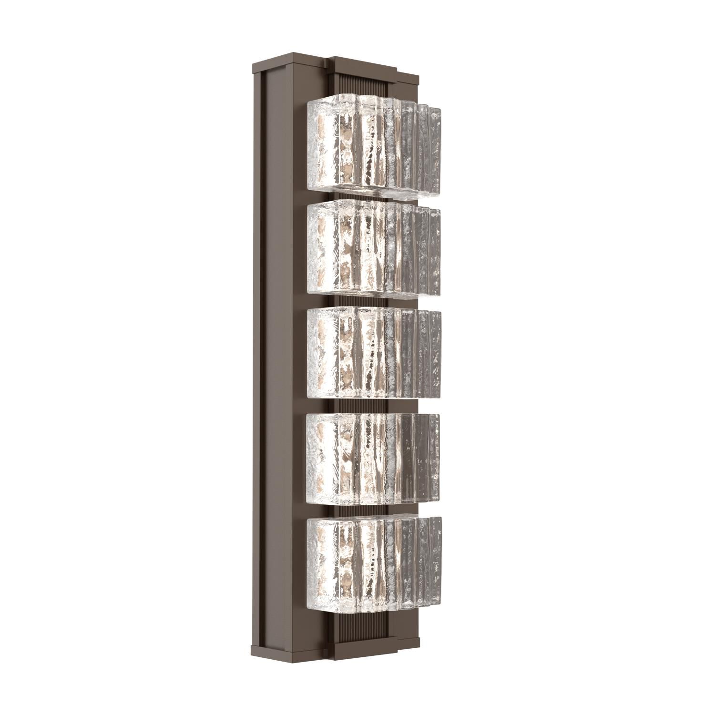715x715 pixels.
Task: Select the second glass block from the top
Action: click(x=372, y=253)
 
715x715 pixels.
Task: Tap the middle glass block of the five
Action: click(x=372, y=353)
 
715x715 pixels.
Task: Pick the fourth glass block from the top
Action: click(x=372, y=457)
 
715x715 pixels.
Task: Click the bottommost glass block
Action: click(x=372, y=558)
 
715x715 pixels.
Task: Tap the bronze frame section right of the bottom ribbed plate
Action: click(x=405, y=620)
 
